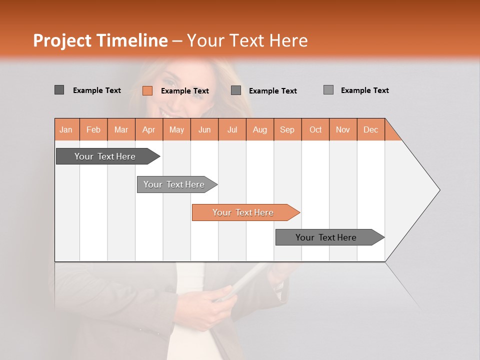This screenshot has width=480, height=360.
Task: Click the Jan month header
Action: tap(66, 129)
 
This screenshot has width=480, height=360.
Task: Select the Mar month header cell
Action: tap(121, 129)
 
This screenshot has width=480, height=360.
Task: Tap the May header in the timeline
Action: tap(176, 129)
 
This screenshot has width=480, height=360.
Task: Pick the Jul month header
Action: tap(232, 129)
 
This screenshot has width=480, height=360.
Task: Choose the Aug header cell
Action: tap(259, 129)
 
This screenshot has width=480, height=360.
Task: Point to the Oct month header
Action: tap(315, 129)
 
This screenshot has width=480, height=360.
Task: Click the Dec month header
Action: tap(370, 129)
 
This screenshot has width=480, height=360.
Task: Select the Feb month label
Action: tap(93, 129)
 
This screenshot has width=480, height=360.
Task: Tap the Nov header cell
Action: tap(343, 129)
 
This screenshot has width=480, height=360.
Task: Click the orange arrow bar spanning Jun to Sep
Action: tap(243, 212)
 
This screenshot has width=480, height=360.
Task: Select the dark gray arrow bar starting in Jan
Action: tap(105, 156)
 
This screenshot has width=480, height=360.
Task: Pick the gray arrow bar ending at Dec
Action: tap(326, 237)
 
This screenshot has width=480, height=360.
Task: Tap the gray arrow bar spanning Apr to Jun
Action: tap(174, 184)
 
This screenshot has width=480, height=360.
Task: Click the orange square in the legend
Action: tap(147, 90)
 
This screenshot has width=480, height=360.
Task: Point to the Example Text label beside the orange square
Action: tap(185, 91)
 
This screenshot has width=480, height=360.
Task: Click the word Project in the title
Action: tap(62, 40)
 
